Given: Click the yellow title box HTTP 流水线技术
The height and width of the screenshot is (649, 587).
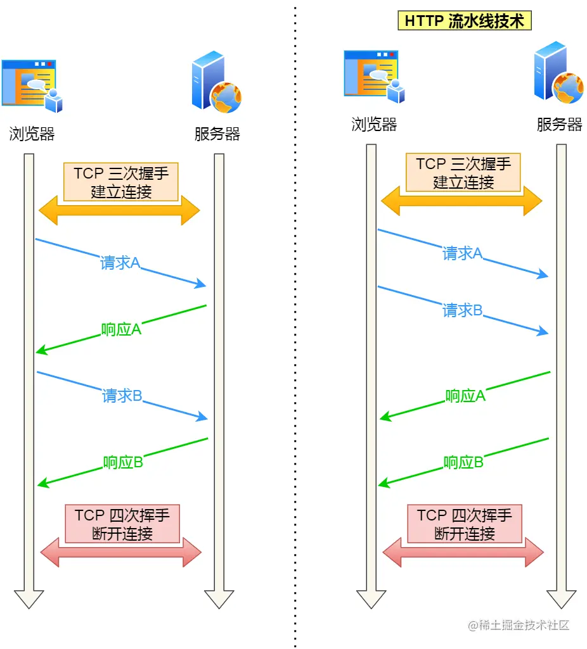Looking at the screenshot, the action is pos(465,21).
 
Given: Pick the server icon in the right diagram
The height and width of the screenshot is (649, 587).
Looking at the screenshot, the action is pos(558,73).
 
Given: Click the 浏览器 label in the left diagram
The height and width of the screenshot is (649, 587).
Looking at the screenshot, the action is pos(32,134).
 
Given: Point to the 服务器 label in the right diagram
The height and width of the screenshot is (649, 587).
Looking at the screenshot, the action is pos(559,124).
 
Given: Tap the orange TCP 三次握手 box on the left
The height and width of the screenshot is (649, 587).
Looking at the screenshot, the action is pos(121,182).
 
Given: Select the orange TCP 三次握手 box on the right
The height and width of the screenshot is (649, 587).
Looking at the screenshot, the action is pos(463,172).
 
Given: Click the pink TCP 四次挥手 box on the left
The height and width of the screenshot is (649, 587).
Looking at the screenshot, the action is pos(122,524).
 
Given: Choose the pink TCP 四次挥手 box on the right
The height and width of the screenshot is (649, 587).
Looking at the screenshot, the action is pos(465,524).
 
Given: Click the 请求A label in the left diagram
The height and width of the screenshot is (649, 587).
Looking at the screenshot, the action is pos(120,263).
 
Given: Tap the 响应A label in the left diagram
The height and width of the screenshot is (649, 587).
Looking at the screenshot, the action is pos(121,329).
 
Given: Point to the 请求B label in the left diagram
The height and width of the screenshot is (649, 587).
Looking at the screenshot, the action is pos(122,396).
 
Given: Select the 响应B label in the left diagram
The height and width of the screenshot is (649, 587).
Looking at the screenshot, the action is pos(123,463).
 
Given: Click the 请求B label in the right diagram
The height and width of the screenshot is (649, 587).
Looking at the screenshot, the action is pos(463,310).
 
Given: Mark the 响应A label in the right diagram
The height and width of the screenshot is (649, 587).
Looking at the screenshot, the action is pos(465,396).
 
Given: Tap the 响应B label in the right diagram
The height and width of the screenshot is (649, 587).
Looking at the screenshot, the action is pos(463,462).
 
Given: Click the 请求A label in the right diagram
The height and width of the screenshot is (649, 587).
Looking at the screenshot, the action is pos(463,254).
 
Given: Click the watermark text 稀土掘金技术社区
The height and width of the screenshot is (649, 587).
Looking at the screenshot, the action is pos(519,626).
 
